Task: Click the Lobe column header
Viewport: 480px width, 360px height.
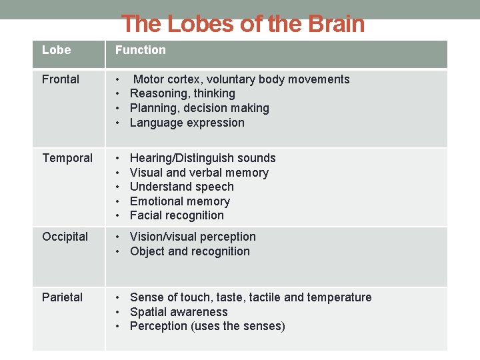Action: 57,50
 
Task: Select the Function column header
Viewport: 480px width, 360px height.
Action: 140,50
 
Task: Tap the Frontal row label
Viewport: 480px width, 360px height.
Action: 60,79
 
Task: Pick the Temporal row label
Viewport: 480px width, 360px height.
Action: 67,158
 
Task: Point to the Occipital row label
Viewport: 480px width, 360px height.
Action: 65,237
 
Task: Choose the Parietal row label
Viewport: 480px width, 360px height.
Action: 62,297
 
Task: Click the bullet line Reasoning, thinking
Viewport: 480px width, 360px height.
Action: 182,94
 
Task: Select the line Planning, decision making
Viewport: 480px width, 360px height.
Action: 199,108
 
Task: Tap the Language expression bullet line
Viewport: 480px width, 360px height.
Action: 187,123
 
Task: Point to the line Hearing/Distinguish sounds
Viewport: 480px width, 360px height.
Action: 203,158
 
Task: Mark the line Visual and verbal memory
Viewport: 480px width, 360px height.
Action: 199,173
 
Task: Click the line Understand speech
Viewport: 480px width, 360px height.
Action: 181,187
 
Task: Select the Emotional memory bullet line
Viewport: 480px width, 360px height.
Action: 179,201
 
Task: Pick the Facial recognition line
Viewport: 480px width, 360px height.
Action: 177,215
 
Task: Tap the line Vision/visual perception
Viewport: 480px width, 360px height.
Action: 193,237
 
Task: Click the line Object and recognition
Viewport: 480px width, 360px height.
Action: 190,251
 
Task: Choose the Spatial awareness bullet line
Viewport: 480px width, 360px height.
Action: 179,312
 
